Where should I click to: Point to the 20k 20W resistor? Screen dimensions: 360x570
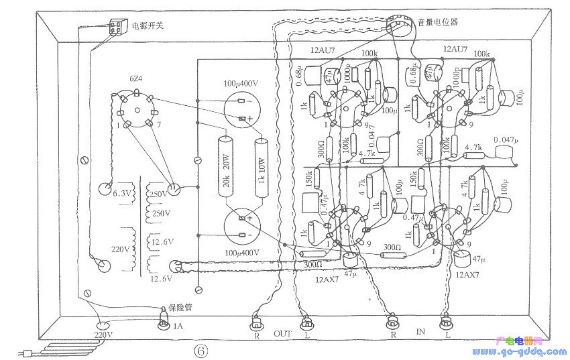(225, 167)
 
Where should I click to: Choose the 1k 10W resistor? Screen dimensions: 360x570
(262, 167)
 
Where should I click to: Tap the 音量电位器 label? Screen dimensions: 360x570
(437, 22)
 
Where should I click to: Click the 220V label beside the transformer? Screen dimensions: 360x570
(121, 249)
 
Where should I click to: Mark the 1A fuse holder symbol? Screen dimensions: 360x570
(162, 324)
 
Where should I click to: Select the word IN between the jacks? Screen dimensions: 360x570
(420, 332)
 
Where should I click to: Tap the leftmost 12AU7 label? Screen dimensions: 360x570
(324, 50)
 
